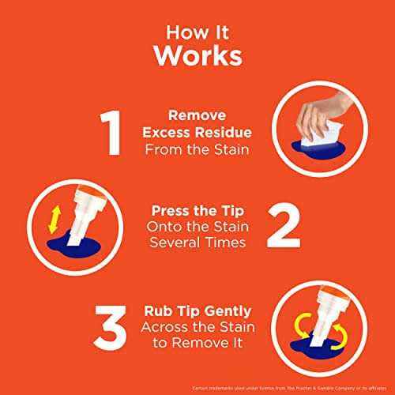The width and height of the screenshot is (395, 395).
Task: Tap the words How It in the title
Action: click(x=197, y=31)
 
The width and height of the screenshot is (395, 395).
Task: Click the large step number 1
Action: click(x=113, y=134)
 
